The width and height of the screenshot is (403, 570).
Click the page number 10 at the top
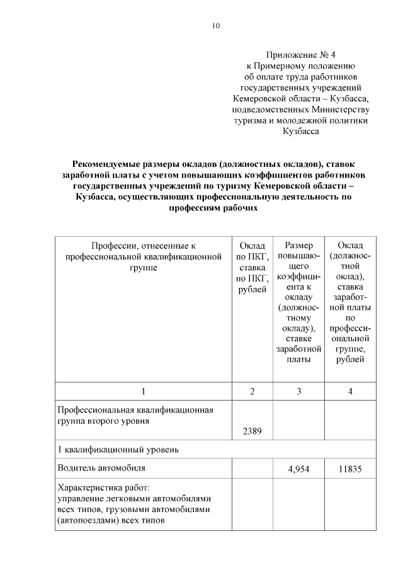pos(216,26)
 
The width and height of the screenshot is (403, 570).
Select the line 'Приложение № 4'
pos(301,54)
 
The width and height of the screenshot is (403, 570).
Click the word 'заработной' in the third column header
pos(298,348)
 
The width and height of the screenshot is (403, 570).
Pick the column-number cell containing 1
pos(144,391)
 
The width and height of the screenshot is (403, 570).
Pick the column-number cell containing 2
pos(252,391)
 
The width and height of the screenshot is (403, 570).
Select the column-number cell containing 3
pos(298,391)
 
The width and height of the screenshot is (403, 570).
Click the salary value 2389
pos(252,431)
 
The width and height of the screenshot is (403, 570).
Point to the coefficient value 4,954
pos(298,469)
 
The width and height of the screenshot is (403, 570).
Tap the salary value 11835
pos(349,469)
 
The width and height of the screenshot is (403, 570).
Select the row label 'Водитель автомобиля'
pos(101,468)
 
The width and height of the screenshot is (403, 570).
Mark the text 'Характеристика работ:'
pos(103,488)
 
